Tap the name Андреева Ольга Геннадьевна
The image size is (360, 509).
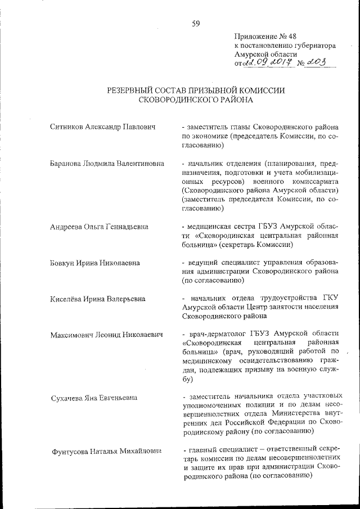point(100,227)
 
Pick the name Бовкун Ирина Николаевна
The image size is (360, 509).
point(96,263)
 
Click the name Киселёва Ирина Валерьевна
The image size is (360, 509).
point(97,298)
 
